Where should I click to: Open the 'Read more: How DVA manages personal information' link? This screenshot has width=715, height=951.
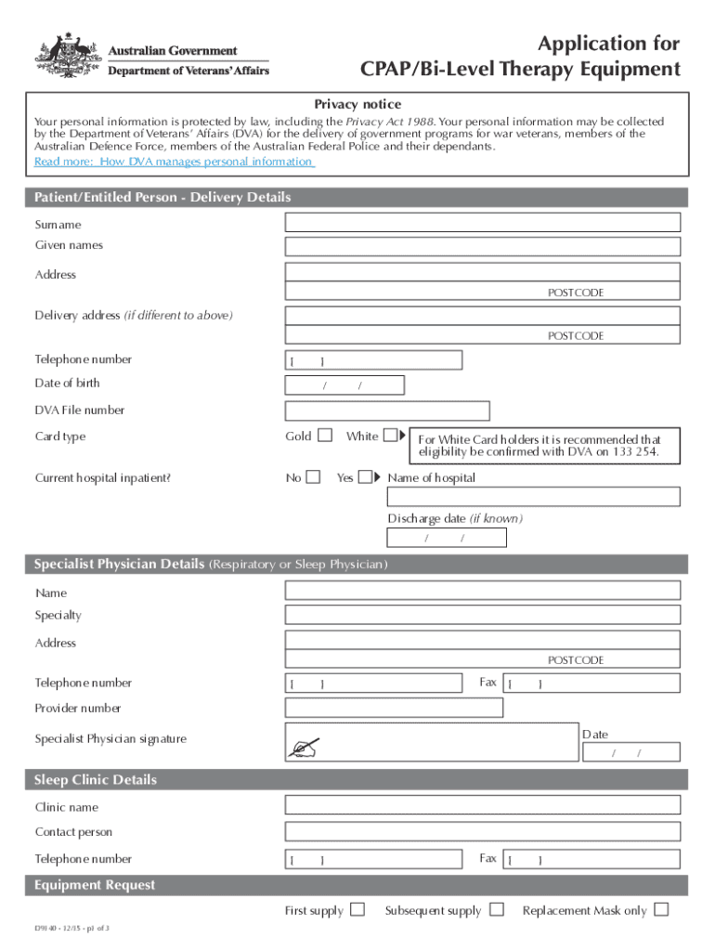pyautogui.click(x=174, y=162)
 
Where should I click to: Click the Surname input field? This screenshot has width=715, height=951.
pyautogui.click(x=482, y=223)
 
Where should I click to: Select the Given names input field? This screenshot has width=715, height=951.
pyautogui.click(x=482, y=246)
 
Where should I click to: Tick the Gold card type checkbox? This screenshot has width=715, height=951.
pyautogui.click(x=324, y=435)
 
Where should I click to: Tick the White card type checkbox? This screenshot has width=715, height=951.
pyautogui.click(x=390, y=435)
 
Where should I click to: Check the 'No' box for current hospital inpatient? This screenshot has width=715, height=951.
pyautogui.click(x=313, y=477)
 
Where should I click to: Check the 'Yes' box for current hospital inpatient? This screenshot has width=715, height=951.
pyautogui.click(x=365, y=477)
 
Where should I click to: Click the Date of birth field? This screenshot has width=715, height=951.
pyautogui.click(x=344, y=385)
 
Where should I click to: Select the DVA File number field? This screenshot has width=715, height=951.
pyautogui.click(x=386, y=410)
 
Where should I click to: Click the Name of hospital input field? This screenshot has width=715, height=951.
pyautogui.click(x=533, y=497)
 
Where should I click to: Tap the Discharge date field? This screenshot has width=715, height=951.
pyautogui.click(x=447, y=538)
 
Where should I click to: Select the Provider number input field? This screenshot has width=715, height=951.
pyautogui.click(x=394, y=708)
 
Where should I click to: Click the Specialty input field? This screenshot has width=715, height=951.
pyautogui.click(x=482, y=615)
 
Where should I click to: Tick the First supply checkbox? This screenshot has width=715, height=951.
pyautogui.click(x=357, y=909)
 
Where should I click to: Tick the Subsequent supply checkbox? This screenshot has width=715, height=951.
pyautogui.click(x=497, y=909)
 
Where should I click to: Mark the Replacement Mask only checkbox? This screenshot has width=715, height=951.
pyautogui.click(x=661, y=909)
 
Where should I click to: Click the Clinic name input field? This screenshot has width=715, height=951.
pyautogui.click(x=482, y=806)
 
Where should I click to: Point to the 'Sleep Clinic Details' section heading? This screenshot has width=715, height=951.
pyautogui.click(x=96, y=780)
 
